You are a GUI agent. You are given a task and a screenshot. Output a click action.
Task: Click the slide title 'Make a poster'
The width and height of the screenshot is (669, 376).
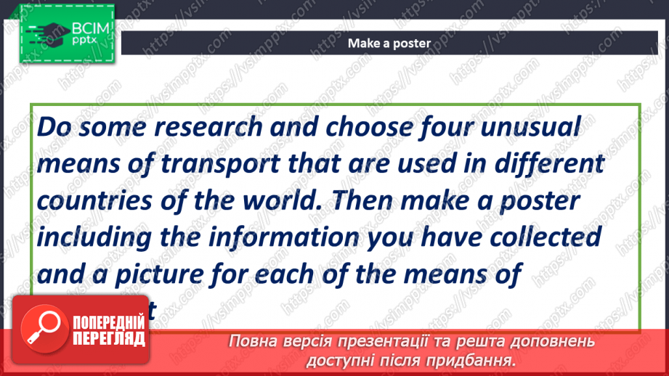[x=389, y=43]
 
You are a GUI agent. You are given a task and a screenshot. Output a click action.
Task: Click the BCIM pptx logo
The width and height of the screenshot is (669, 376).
[x=62, y=33]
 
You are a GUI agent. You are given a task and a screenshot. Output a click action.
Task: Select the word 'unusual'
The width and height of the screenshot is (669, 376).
[x=529, y=128]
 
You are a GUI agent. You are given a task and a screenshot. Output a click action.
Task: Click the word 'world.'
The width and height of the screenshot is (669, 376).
[x=277, y=200]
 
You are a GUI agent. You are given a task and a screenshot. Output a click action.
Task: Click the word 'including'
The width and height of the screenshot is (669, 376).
[x=101, y=237]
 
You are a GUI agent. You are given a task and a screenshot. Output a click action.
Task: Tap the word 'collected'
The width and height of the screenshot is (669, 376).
[x=548, y=237]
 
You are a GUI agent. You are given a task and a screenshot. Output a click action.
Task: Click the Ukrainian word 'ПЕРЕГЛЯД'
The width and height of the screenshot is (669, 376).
[x=109, y=338]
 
